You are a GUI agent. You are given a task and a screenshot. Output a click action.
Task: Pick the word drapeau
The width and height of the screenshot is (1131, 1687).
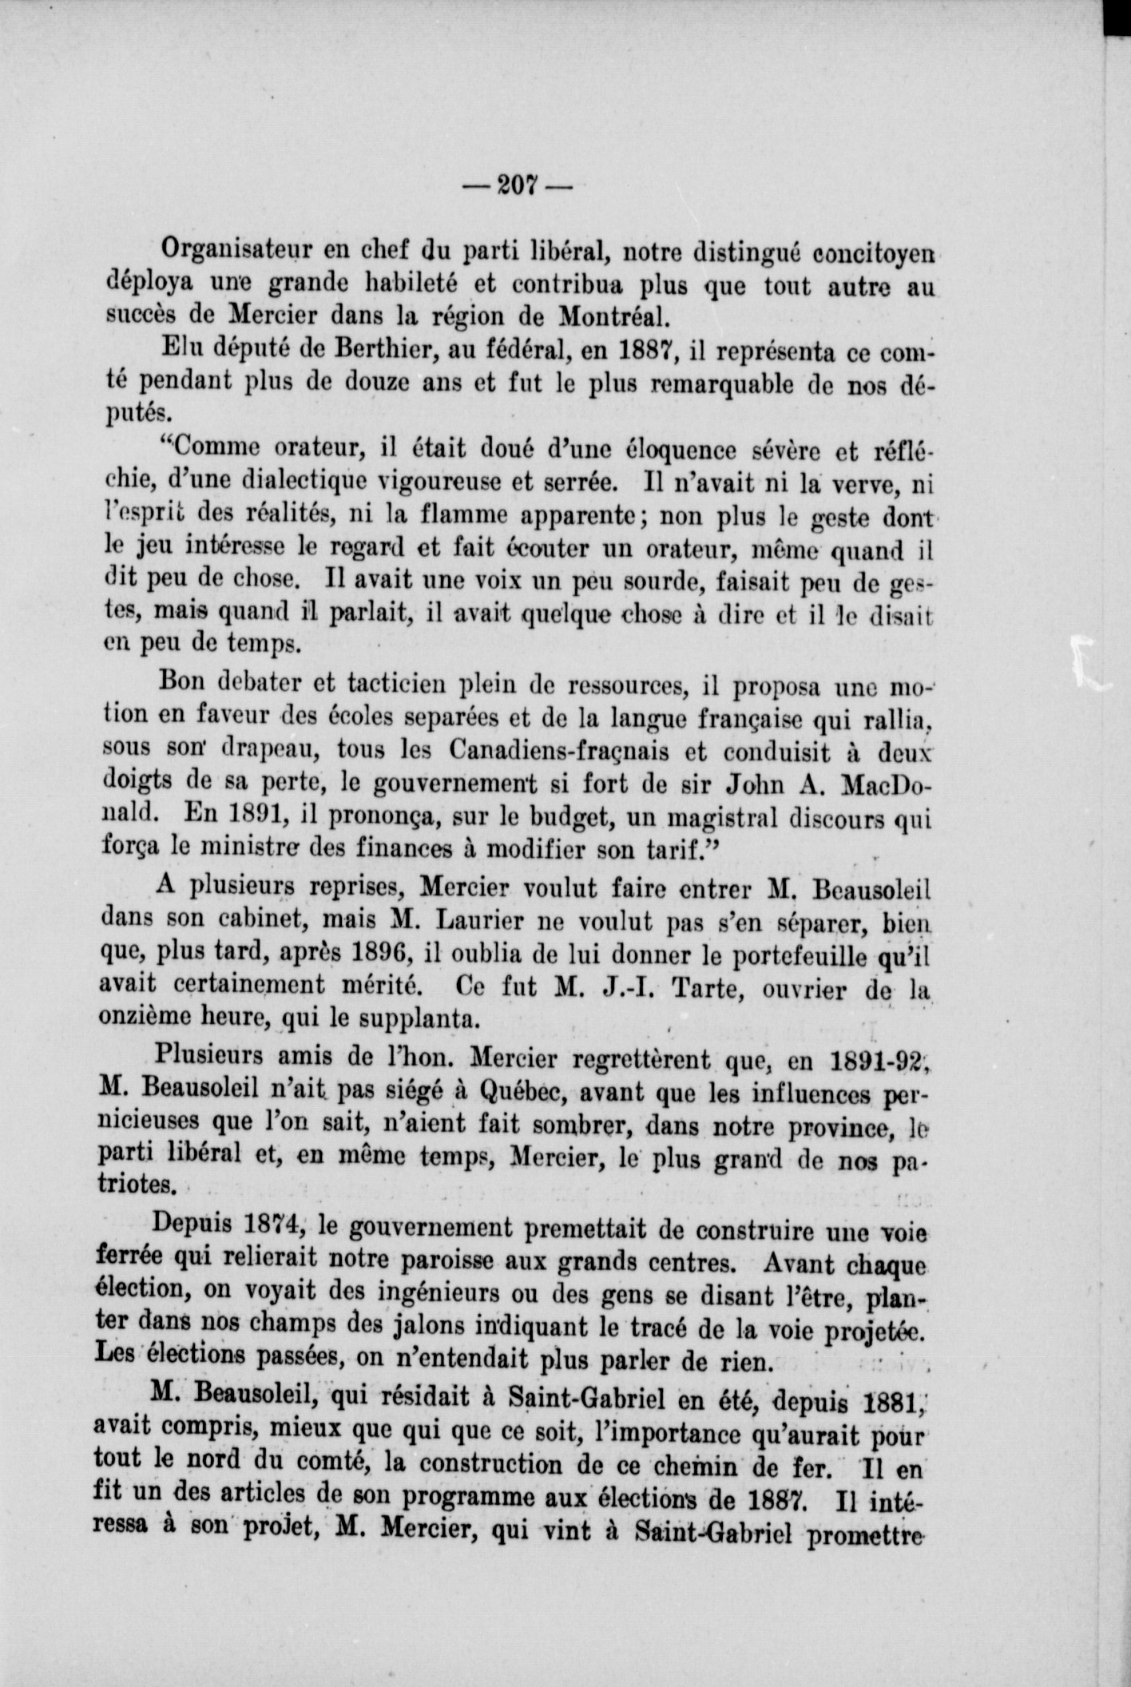[276, 751]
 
